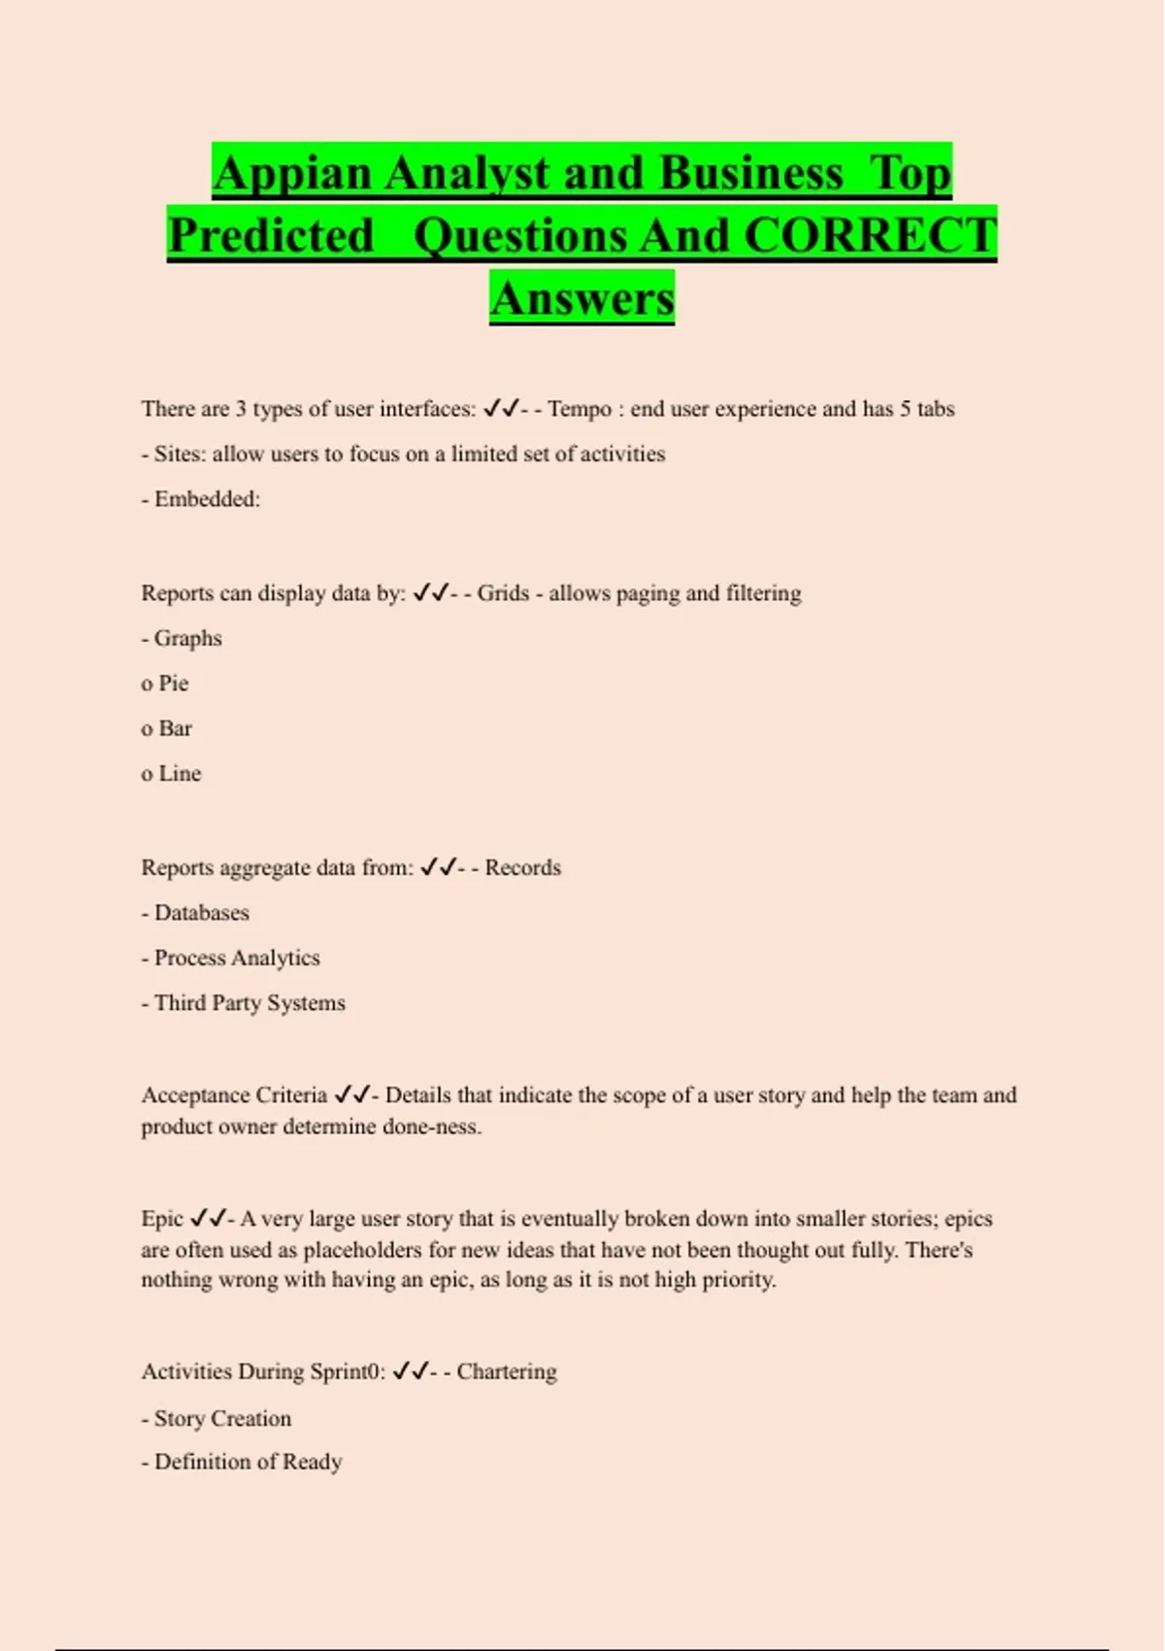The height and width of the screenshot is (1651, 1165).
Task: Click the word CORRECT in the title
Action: (x=870, y=236)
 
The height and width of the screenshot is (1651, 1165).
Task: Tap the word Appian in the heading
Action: (x=291, y=174)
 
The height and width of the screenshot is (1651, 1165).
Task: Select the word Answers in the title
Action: (x=582, y=298)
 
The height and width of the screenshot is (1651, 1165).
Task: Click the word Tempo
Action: (x=580, y=409)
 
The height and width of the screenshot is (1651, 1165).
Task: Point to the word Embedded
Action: (x=207, y=499)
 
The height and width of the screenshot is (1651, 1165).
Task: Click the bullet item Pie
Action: (x=173, y=684)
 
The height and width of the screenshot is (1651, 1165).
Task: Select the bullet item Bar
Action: (x=175, y=728)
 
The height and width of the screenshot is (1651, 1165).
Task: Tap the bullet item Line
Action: (x=180, y=774)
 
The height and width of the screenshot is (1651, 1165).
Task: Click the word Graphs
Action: (x=188, y=639)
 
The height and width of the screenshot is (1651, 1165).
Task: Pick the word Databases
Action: (x=202, y=913)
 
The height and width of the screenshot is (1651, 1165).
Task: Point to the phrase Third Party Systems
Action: (x=250, y=1003)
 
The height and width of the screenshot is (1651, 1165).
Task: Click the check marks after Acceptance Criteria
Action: (x=351, y=1095)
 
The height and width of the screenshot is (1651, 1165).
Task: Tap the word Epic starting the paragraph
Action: (x=162, y=1219)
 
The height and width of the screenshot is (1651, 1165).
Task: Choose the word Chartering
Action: (x=507, y=1372)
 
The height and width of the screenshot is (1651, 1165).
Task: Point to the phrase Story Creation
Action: (x=222, y=1419)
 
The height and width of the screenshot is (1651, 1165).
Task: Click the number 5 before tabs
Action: (x=905, y=409)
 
